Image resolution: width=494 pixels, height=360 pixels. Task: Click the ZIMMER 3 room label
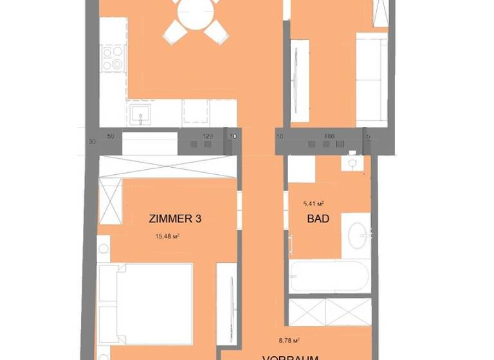175,219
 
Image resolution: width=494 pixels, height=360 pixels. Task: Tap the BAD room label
318,219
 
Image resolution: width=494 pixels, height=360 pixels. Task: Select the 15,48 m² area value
167,237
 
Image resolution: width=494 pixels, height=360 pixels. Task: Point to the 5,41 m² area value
313,204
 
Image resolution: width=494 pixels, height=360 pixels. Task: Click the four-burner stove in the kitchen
113,57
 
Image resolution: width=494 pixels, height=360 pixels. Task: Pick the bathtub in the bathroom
329,277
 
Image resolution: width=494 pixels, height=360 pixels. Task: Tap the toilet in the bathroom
352,163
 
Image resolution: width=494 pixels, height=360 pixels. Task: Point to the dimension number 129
207,136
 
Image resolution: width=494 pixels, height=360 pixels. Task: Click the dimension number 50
111,136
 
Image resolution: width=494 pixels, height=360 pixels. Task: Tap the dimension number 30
92,141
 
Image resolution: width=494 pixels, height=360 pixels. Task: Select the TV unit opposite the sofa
299,80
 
